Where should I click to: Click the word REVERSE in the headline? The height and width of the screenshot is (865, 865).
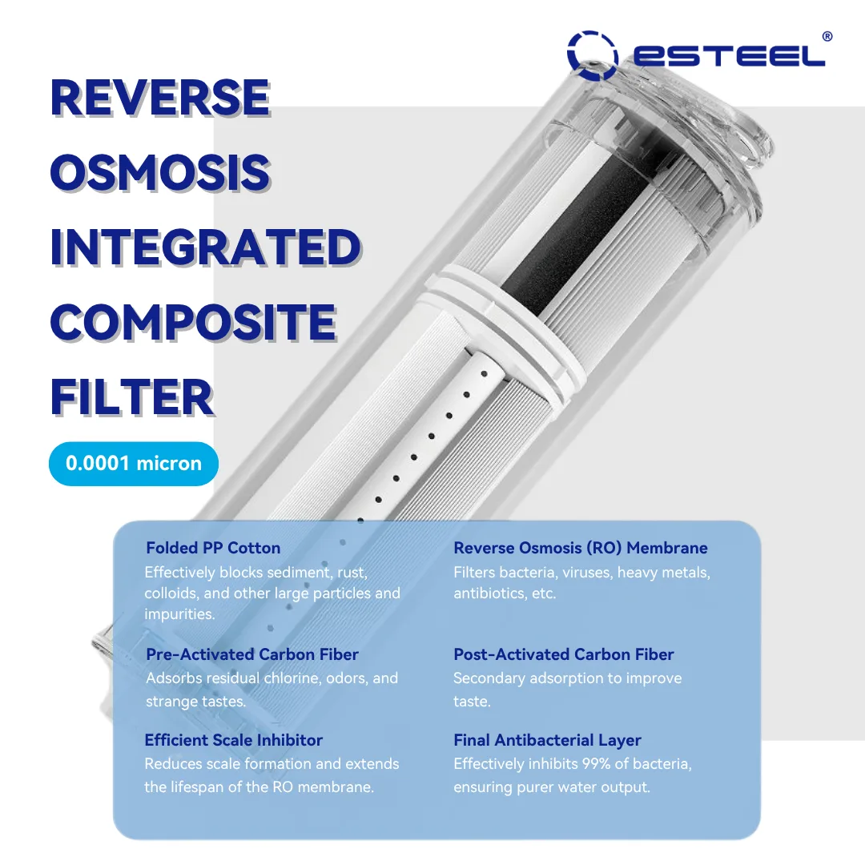[x=160, y=98]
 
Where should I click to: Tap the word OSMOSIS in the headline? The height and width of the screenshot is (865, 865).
[x=160, y=172]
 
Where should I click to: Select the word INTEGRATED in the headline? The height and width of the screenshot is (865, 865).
[x=206, y=247]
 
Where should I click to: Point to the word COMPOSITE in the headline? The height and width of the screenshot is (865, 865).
[x=193, y=322]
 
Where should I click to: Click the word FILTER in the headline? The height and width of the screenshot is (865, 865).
[x=132, y=397]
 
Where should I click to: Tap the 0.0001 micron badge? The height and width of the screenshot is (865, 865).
[x=134, y=464]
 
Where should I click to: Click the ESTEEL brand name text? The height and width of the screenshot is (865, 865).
[x=729, y=56]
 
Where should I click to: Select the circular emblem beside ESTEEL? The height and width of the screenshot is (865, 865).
[x=592, y=55]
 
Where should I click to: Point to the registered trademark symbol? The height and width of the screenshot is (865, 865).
[x=827, y=36]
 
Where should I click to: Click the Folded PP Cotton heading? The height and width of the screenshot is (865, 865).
[x=213, y=548]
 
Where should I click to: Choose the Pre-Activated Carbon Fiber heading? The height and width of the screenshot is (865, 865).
[x=252, y=654]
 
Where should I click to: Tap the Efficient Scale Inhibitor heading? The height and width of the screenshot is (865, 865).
[x=233, y=740]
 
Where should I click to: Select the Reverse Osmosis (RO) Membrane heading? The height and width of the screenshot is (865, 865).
[x=581, y=548]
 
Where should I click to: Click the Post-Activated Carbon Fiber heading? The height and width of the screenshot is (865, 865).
[x=564, y=654]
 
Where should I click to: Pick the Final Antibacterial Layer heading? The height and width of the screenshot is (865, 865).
[x=547, y=740]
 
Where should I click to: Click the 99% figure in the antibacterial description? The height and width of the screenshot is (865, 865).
[x=594, y=763]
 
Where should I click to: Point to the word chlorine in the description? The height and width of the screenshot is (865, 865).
[x=292, y=678]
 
